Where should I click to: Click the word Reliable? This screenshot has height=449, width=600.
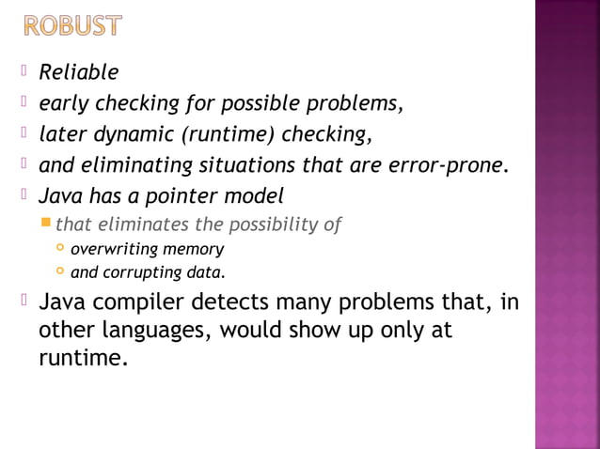point(78,72)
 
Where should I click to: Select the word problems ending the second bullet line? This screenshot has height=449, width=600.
point(361,103)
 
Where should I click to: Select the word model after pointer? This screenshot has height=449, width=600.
point(257,197)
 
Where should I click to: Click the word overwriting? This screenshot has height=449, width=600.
point(114,250)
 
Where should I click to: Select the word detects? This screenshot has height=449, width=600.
point(230,304)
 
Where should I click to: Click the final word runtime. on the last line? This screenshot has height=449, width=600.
point(83,358)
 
